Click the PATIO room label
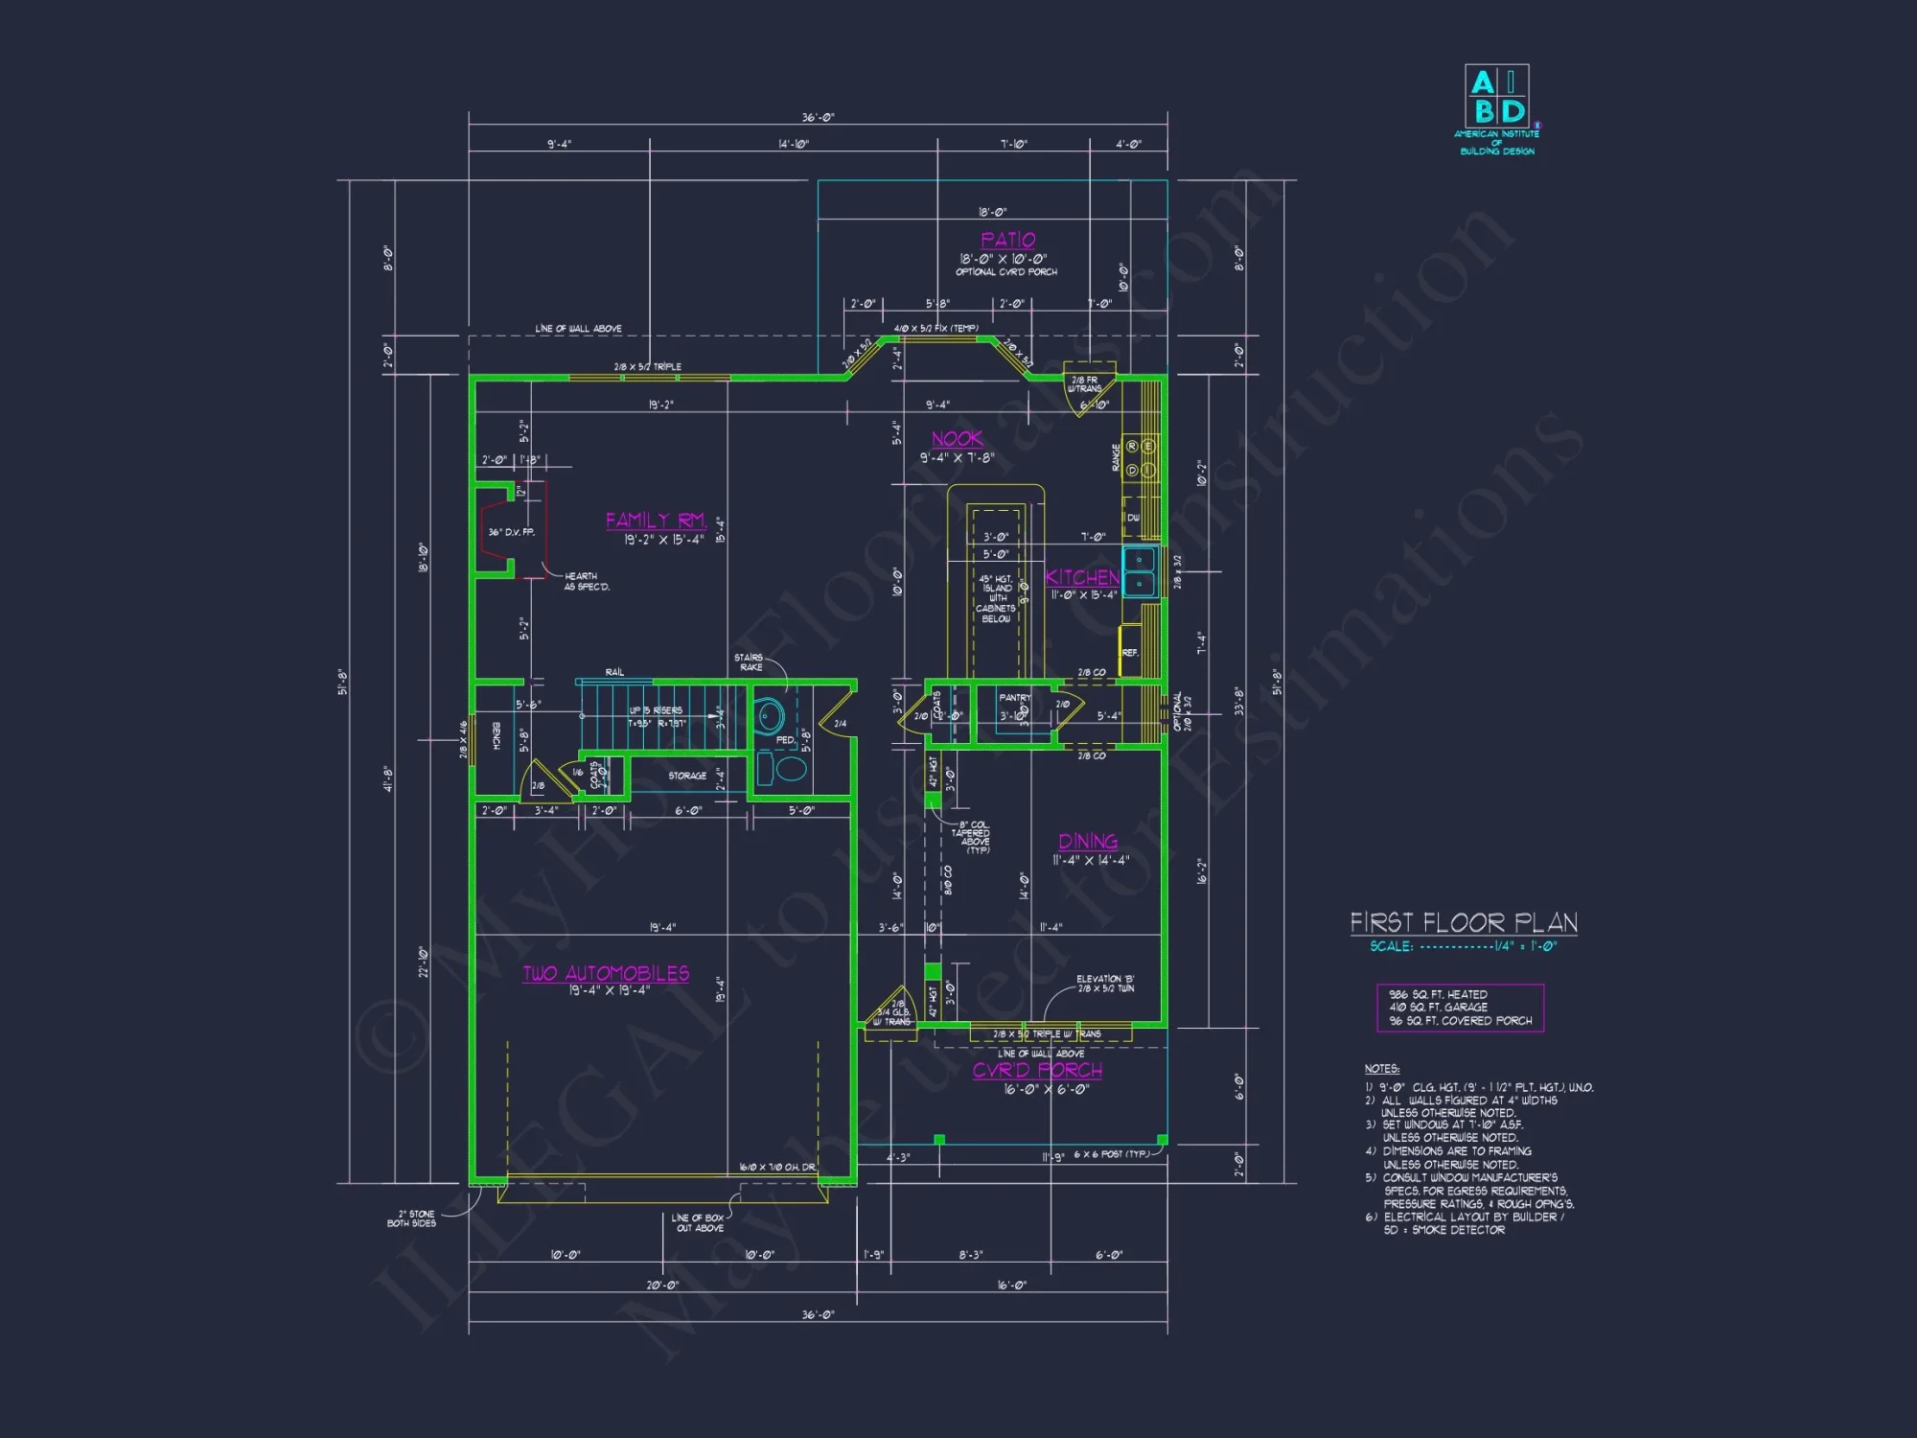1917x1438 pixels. pos(1007,240)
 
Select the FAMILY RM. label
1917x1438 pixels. pos(656,521)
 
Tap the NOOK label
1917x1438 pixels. pos(957,439)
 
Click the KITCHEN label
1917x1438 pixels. pos(1082,577)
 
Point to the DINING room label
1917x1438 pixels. pos(1088,842)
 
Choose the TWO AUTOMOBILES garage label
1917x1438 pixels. pos(606,974)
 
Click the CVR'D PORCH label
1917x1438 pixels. pos(1037,1070)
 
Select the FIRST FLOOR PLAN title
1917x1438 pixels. pos(1464,922)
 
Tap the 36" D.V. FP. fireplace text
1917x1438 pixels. pos(511,532)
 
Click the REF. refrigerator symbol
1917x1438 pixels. pos(1130,651)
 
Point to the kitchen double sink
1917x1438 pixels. pos(1139,571)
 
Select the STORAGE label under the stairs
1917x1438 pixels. pos(687,776)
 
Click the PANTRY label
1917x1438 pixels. pos(1014,698)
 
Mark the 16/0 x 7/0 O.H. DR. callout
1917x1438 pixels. pos(776,1168)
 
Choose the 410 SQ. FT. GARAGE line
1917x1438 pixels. pos(1438,1008)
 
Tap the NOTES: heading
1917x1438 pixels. pos(1381,1069)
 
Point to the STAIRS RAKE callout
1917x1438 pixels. pos(751,662)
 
